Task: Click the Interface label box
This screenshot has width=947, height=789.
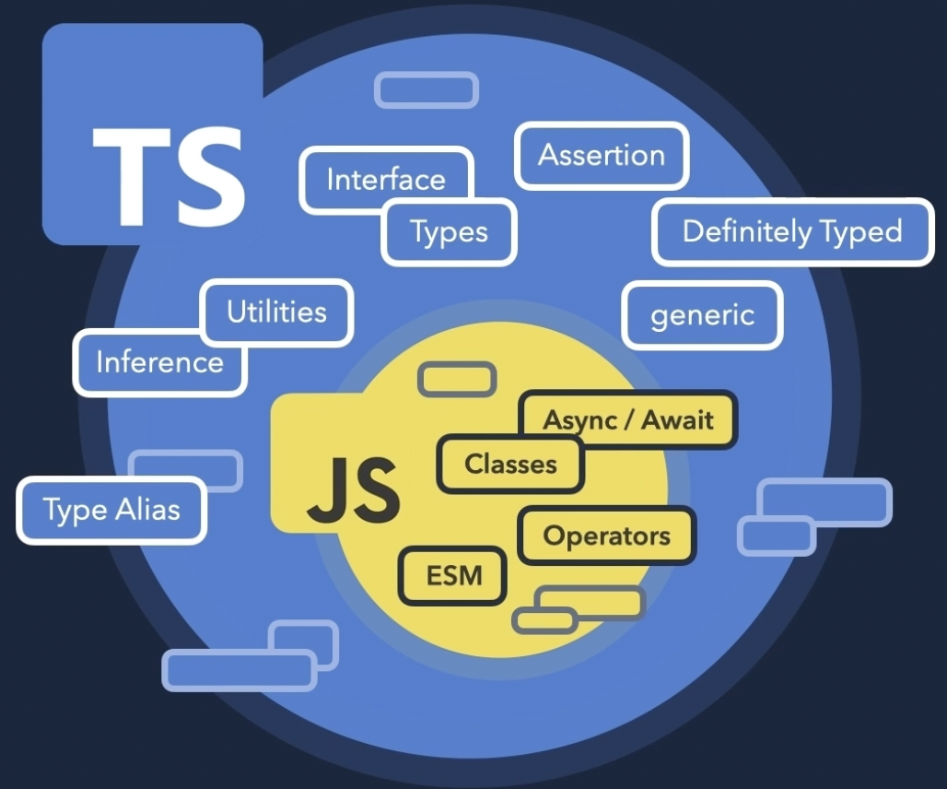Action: (x=385, y=178)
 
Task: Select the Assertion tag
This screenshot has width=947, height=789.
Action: (x=601, y=155)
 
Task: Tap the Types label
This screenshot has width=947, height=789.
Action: (x=449, y=232)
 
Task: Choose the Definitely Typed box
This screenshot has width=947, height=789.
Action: (x=792, y=231)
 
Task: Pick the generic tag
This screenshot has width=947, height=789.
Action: (x=702, y=315)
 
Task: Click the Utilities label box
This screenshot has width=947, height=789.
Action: (x=276, y=311)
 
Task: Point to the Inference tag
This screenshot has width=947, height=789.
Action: (x=159, y=361)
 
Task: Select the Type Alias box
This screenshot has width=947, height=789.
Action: (x=111, y=510)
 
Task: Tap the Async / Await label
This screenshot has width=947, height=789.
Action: (x=628, y=420)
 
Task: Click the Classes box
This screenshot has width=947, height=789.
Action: (x=510, y=464)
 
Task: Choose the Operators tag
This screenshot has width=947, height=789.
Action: (x=606, y=536)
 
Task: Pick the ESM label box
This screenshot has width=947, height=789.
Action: (x=453, y=576)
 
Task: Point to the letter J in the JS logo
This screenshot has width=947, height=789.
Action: (x=327, y=489)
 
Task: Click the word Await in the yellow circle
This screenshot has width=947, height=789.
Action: (x=677, y=420)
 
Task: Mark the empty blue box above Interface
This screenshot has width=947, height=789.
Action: (x=426, y=90)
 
